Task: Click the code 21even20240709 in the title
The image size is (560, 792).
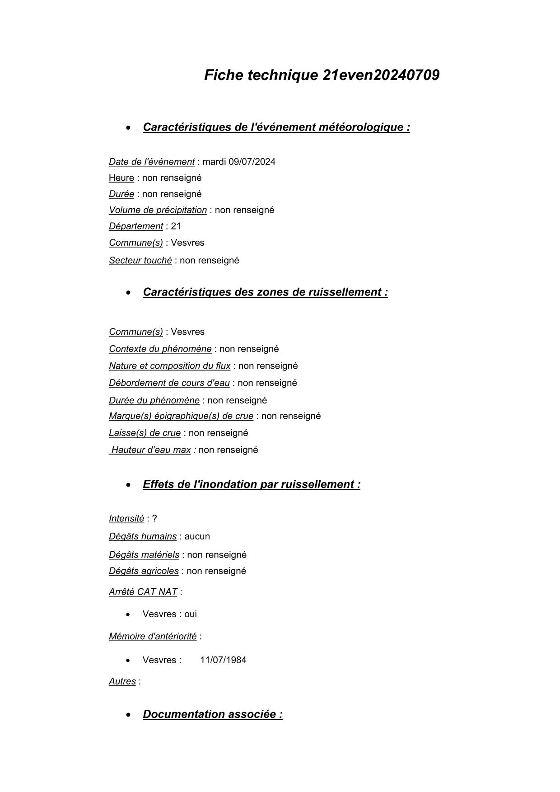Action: click(381, 75)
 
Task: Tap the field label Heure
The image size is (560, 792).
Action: click(121, 178)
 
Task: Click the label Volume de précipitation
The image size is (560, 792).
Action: click(158, 210)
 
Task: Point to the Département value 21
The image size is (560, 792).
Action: click(176, 226)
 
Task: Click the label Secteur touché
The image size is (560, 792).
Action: click(140, 261)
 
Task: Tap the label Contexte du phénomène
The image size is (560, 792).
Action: click(160, 349)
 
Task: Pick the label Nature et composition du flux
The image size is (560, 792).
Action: click(169, 366)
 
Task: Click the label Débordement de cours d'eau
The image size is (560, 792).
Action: click(169, 383)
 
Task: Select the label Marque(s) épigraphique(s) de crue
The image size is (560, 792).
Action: click(181, 416)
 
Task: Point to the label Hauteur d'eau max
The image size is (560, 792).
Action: click(151, 450)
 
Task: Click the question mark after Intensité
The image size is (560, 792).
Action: click(154, 519)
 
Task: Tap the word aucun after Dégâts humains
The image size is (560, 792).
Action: click(197, 537)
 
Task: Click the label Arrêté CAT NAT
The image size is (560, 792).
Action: click(143, 592)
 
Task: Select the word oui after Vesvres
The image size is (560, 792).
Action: click(190, 614)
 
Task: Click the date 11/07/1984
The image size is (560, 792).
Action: click(223, 660)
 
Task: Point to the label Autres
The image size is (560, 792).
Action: click(122, 681)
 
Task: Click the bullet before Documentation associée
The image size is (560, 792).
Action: click(130, 715)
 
